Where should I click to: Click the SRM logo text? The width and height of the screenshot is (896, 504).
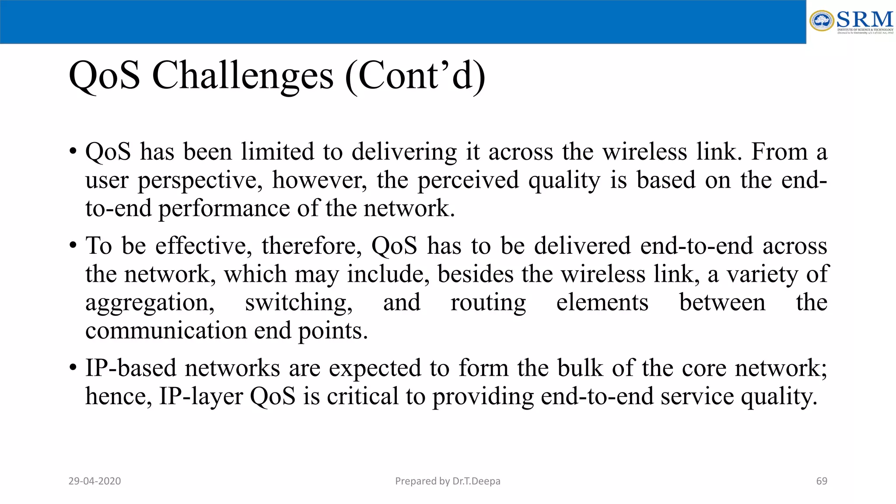tap(864, 20)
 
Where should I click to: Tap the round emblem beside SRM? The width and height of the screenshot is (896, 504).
tap(822, 21)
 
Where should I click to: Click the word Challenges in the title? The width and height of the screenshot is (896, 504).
tap(242, 76)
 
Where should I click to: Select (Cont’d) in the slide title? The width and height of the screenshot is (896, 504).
tap(415, 76)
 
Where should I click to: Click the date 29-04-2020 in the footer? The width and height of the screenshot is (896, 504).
tap(94, 481)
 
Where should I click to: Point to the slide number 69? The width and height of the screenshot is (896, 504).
tap(822, 481)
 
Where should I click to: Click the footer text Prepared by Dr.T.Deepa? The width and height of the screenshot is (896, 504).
tap(448, 481)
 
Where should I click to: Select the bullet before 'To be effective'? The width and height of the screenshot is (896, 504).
tap(73, 246)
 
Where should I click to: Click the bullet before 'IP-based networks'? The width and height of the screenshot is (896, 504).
tap(73, 368)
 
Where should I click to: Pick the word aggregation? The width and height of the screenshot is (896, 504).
tap(150, 303)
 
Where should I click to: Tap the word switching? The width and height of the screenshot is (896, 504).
tap(298, 303)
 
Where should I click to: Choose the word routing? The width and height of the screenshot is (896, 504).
tap(488, 303)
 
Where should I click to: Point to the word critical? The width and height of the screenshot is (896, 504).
tap(362, 396)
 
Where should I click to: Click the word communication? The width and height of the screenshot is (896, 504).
tap(166, 331)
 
